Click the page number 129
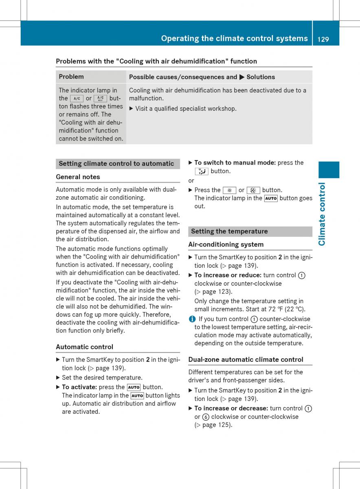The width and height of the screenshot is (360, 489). (323, 39)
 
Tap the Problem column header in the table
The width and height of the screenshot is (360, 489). (71, 77)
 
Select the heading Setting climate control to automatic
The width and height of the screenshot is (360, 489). (116, 164)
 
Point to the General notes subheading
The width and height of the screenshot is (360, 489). (78, 177)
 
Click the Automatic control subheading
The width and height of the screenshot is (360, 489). (84, 347)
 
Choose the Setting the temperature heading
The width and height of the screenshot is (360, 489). (229, 231)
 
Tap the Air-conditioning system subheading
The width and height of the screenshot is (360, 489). (226, 244)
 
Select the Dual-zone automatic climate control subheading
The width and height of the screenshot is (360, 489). (246, 359)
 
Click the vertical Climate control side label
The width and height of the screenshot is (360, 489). (322, 214)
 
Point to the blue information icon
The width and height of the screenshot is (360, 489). (191, 319)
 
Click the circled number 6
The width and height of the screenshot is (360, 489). (206, 417)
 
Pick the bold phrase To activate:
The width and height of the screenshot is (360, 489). (79, 387)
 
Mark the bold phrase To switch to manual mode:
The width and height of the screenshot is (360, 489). (235, 163)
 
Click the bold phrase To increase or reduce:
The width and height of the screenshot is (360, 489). (228, 275)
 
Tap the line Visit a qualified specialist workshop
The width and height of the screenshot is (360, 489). (186, 109)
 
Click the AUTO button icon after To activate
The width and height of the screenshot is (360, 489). (134, 388)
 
